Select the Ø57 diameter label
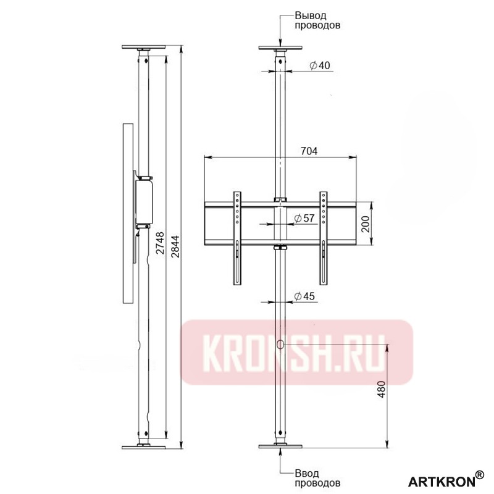tap(305, 218)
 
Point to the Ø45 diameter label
tap(305, 296)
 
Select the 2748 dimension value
tap(160, 243)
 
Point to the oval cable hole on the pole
tap(281, 345)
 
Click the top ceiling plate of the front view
tap(281, 49)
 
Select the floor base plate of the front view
tap(281, 446)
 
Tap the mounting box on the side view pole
tap(144, 201)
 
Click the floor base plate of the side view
tap(144, 446)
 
